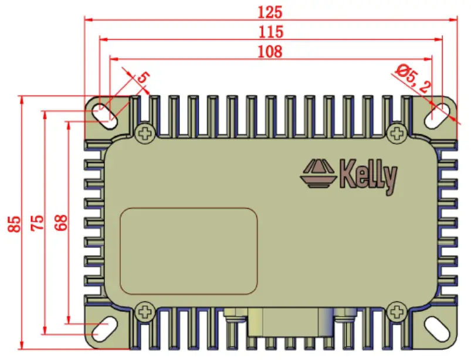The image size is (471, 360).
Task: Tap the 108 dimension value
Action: [270, 52]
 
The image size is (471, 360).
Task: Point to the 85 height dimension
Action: [15, 223]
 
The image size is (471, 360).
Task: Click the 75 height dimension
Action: [37, 223]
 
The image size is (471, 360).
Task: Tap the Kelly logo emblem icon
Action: [318, 175]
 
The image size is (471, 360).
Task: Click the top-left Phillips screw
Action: [144, 134]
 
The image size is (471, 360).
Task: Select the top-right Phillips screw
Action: [398, 134]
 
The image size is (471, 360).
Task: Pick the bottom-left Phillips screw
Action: [144, 310]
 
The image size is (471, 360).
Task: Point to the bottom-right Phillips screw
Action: [398, 310]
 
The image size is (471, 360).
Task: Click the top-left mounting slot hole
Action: [106, 113]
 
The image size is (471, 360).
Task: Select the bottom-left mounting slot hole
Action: [106, 327]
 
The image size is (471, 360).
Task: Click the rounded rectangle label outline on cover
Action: [189, 251]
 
